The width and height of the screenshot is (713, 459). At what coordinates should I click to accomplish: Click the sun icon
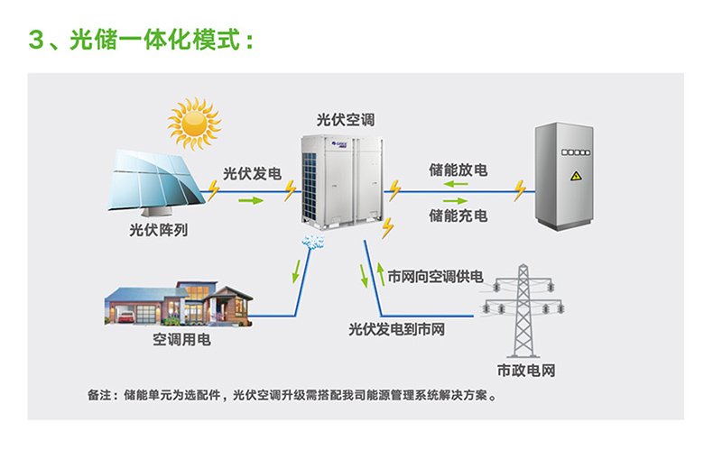click(194, 124)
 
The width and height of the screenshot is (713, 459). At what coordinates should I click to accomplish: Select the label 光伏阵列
click(159, 230)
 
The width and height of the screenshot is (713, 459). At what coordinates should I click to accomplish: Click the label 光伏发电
click(252, 172)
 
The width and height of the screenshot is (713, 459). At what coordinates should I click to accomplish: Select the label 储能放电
click(458, 170)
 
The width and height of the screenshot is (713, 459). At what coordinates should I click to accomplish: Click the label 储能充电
click(458, 216)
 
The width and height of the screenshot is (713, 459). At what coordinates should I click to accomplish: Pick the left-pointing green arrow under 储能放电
click(456, 187)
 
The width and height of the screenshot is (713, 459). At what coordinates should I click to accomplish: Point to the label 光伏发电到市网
click(397, 329)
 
